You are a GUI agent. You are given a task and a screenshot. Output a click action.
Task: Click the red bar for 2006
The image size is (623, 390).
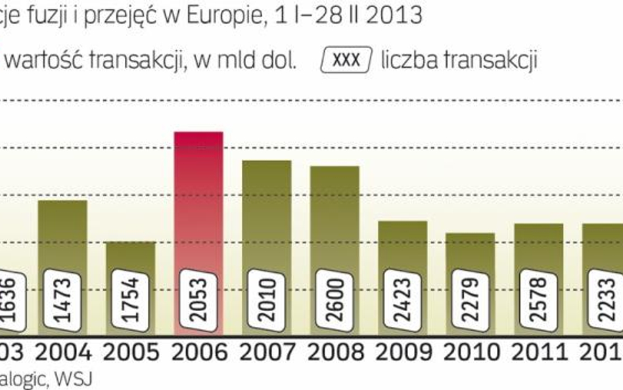(x=198, y=197)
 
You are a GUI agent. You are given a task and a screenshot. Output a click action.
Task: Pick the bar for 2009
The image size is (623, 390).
(x=402, y=243)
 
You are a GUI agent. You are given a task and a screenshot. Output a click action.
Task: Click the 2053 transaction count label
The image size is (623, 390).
(x=198, y=300)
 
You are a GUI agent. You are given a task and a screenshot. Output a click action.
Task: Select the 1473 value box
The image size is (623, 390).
(x=62, y=300)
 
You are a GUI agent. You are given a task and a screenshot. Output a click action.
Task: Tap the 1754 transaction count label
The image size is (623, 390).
(x=131, y=300)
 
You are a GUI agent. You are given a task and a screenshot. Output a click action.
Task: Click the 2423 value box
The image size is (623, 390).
(x=402, y=300)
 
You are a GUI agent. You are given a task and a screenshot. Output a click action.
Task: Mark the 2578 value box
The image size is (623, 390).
(x=538, y=300)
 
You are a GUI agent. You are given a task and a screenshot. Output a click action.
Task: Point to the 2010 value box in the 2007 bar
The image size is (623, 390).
(x=267, y=300)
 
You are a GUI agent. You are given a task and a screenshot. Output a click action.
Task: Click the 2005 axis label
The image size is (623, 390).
(x=131, y=353)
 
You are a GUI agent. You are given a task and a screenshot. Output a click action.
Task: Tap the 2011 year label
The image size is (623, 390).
(x=538, y=353)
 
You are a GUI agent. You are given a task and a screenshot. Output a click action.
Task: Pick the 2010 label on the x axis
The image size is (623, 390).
(x=471, y=353)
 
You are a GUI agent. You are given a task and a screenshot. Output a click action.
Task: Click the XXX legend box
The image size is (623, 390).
(x=346, y=61)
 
